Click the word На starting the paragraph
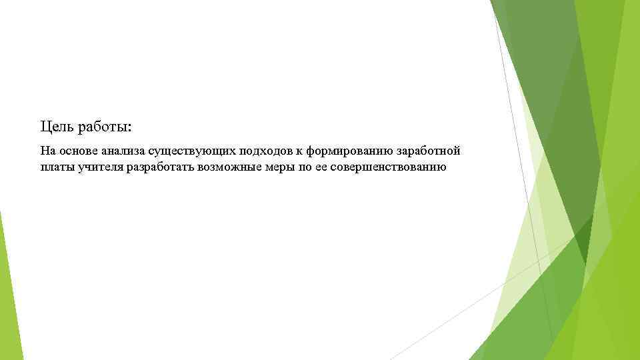(x=47, y=151)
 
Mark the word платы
(x=55, y=166)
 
